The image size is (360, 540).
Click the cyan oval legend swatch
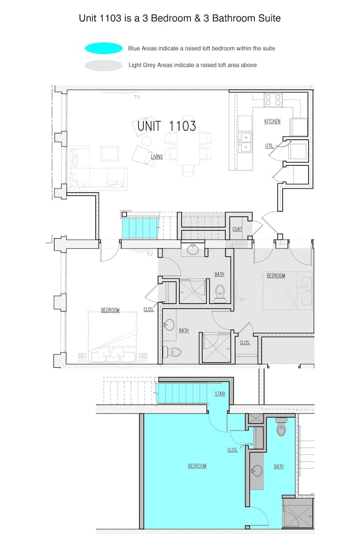[104, 48]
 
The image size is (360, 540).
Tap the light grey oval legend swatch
[104, 65]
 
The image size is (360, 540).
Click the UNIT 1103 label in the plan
[166, 126]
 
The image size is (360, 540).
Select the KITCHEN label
[272, 122]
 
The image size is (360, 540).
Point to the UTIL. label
[269, 146]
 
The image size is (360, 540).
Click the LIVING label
[157, 157]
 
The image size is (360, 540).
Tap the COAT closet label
[237, 229]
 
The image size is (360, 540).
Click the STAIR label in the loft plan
[220, 394]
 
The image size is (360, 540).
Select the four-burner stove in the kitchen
[274, 100]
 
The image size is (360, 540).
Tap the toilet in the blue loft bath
[281, 428]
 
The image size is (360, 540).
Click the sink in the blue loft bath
[257, 471]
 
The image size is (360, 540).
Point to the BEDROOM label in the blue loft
[197, 466]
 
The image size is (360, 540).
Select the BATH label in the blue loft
[279, 467]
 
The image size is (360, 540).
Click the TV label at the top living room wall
[137, 97]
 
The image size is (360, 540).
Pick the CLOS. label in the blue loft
[233, 449]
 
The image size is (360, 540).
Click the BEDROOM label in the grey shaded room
[276, 275]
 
